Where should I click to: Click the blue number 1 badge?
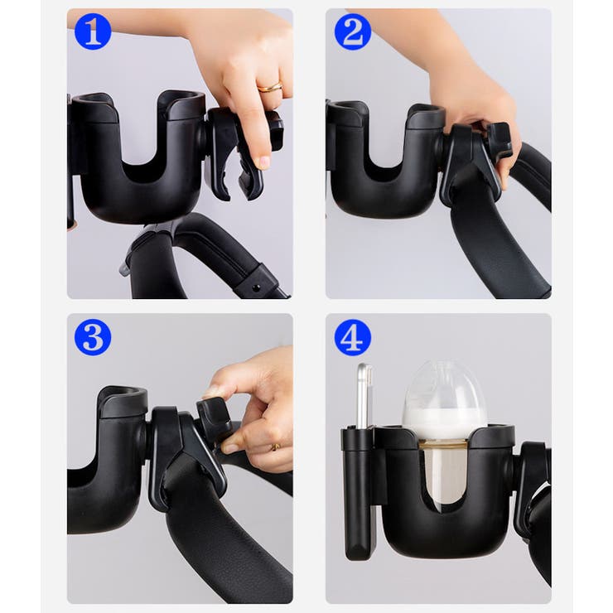pyautogui.click(x=93, y=31)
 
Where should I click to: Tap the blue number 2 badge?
pyautogui.click(x=353, y=31)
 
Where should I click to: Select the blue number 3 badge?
pyautogui.click(x=93, y=337)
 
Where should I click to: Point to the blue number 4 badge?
pyautogui.click(x=353, y=337)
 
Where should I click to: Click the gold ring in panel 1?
pyautogui.click(x=270, y=87)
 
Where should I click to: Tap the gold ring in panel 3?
pyautogui.click(x=276, y=446)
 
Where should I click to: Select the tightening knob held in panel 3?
pyautogui.click(x=214, y=414)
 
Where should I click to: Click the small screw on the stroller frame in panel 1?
pyautogui.click(x=256, y=288)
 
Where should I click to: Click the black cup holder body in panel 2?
pyautogui.click(x=385, y=164)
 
